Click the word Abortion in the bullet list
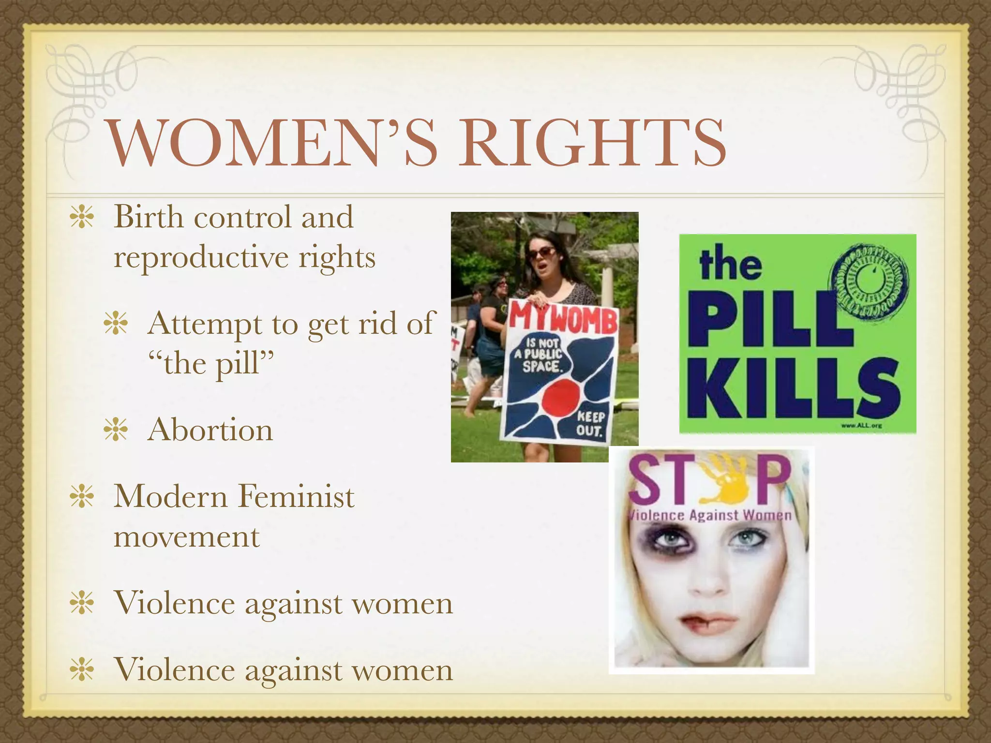[210, 430]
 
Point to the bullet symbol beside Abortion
[116, 430]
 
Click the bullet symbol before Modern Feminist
[81, 497]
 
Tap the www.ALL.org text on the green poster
[861, 426]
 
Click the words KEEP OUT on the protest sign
[590, 424]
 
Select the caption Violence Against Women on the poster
[709, 515]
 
